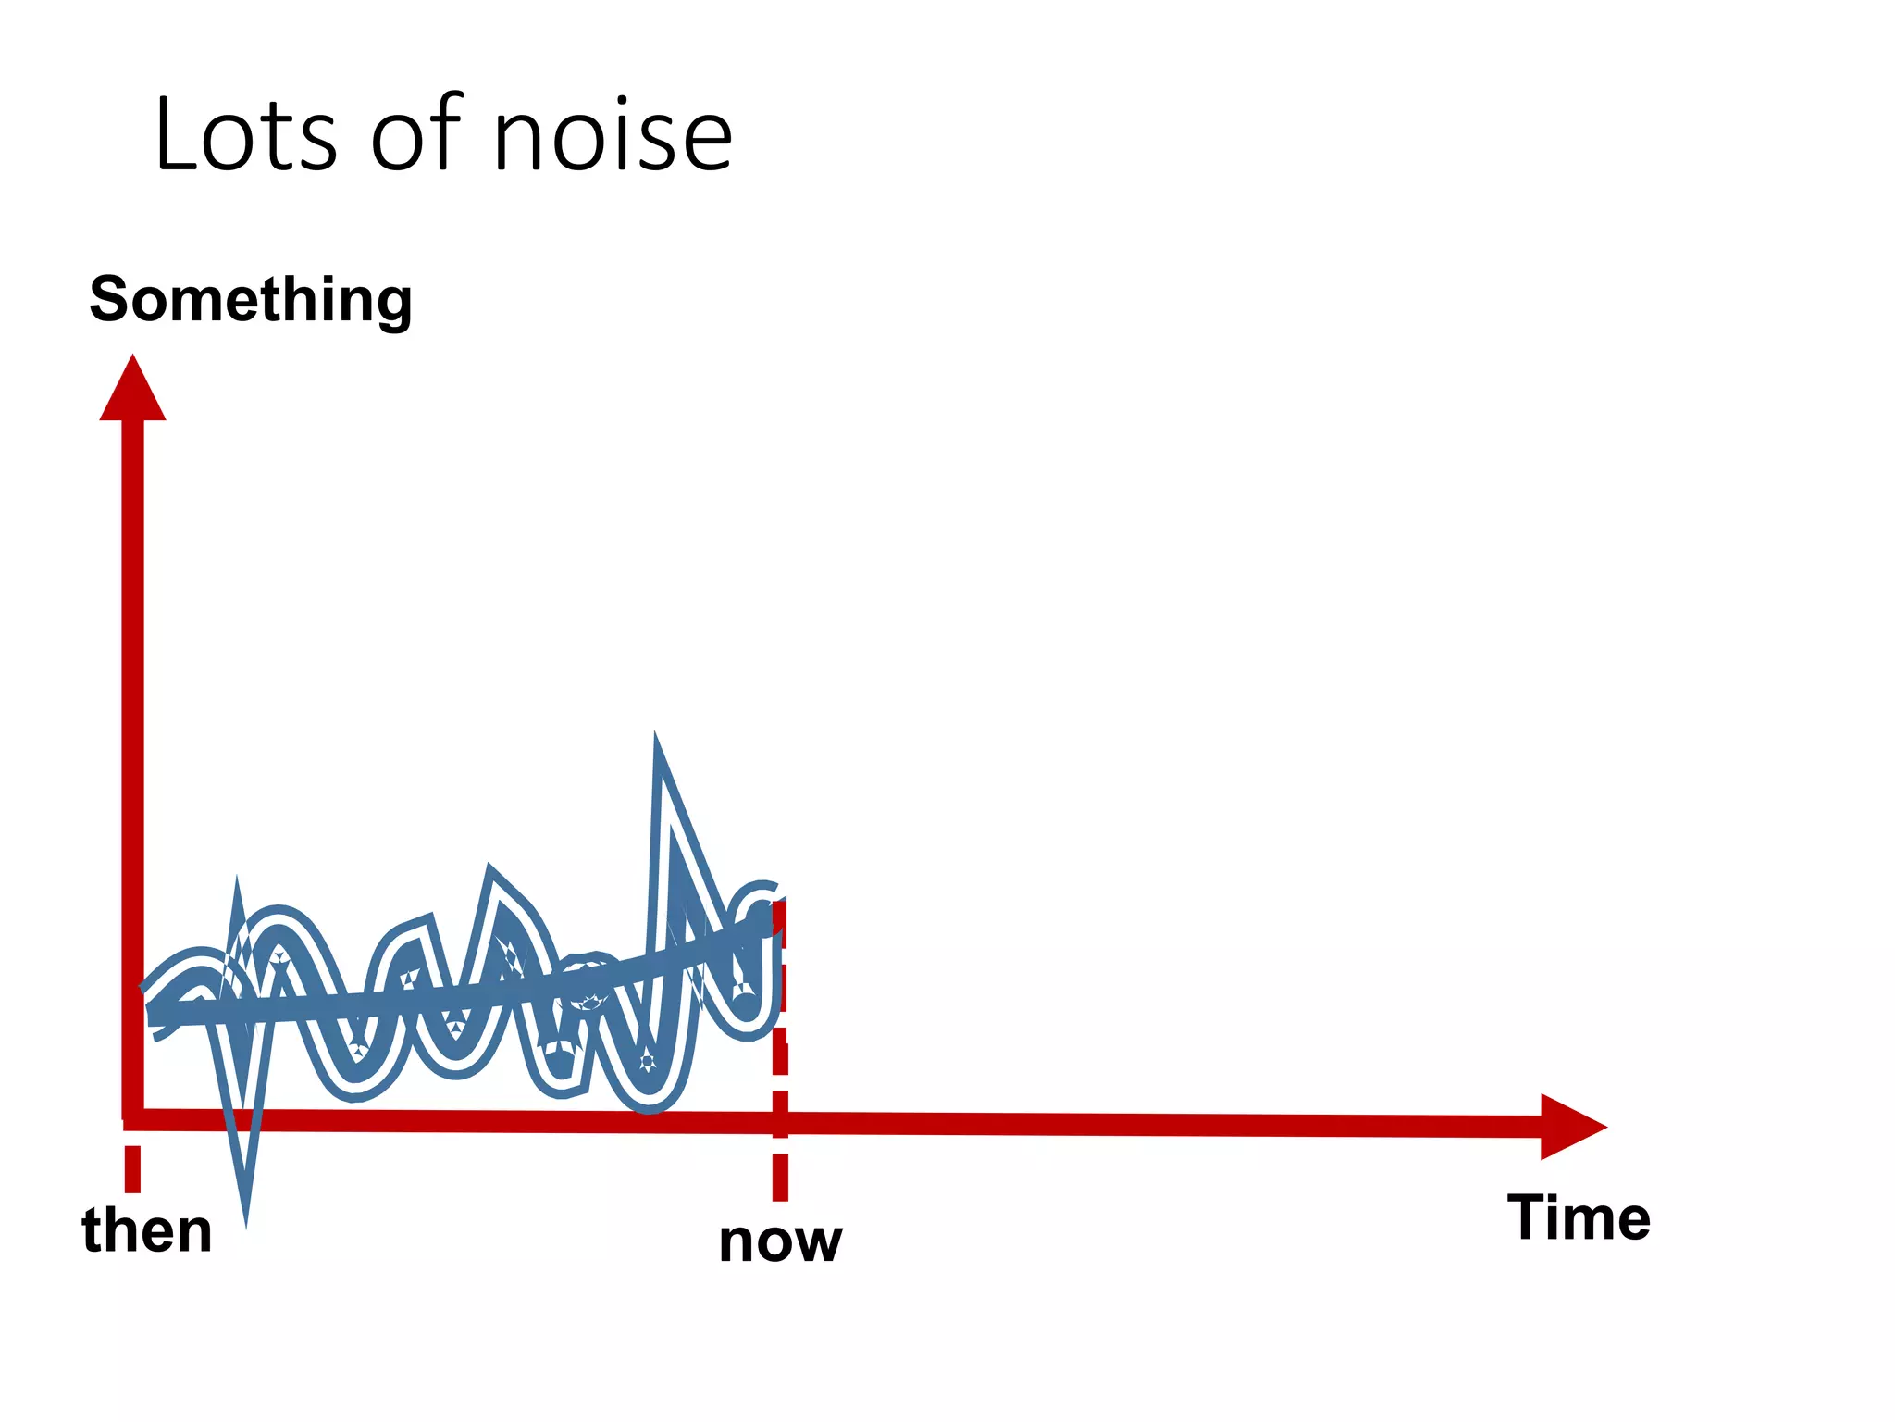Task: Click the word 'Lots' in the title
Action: coord(245,135)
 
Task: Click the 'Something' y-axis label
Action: coord(250,300)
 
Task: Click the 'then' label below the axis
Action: coord(147,1230)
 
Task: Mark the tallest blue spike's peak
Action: coord(656,740)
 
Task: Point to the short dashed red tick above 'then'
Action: coord(132,1168)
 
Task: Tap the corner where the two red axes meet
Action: coord(133,1118)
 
